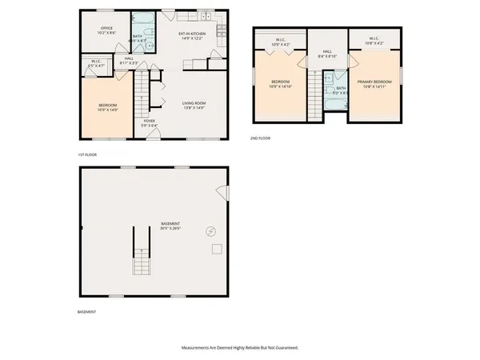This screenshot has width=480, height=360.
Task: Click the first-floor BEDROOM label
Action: (108, 107)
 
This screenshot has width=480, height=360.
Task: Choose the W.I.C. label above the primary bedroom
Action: (374, 40)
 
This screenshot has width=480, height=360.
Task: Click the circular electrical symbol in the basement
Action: (211, 230)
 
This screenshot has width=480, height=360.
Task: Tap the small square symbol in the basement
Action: (216, 250)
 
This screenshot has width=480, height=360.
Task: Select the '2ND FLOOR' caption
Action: (261, 138)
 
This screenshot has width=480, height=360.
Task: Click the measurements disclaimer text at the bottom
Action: (240, 348)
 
